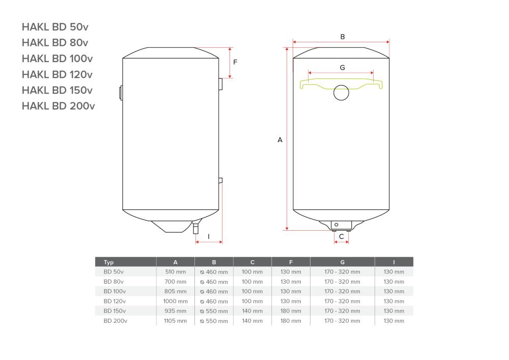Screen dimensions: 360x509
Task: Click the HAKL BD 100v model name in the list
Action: (x=57, y=59)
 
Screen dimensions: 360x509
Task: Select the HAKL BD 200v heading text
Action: (x=58, y=106)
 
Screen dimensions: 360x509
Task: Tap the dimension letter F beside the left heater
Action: (x=235, y=62)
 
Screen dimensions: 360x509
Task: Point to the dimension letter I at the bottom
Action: (x=208, y=237)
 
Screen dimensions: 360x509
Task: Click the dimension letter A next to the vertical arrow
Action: (x=279, y=140)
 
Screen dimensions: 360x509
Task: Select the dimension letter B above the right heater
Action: (x=342, y=37)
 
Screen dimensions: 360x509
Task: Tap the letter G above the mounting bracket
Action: (x=342, y=67)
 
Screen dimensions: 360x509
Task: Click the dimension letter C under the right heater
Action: (x=342, y=236)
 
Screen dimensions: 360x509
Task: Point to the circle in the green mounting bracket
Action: (x=342, y=93)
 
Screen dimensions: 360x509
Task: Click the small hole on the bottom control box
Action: (x=336, y=225)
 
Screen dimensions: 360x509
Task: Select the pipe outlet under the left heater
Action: (x=196, y=229)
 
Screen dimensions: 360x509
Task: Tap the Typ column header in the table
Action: (x=109, y=262)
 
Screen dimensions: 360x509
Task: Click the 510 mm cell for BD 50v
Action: (x=175, y=272)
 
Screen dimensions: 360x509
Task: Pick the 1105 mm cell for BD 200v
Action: (x=175, y=321)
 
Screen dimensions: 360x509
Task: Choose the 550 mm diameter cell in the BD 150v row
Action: (x=214, y=311)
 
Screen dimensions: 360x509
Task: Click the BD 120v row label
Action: (x=115, y=301)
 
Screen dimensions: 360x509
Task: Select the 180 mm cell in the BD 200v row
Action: (x=291, y=321)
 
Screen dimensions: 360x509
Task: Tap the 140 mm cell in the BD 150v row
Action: (x=252, y=311)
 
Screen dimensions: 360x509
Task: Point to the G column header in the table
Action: (x=342, y=262)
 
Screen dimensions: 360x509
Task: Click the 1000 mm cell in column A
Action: (x=175, y=301)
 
